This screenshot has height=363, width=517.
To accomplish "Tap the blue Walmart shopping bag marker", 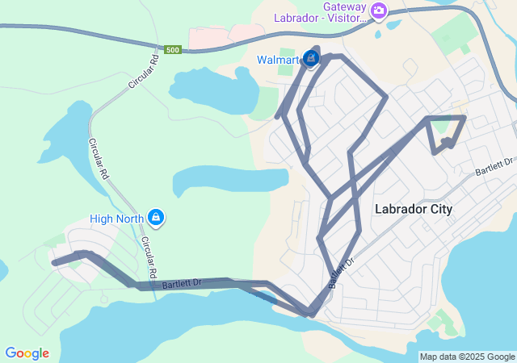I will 311,58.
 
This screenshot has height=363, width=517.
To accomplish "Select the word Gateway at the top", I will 346,6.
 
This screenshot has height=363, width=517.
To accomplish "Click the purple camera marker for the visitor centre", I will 380,10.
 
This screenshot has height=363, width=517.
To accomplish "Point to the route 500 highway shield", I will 172,50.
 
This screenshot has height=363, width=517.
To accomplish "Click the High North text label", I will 116,218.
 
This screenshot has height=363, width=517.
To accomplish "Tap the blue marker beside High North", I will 157,217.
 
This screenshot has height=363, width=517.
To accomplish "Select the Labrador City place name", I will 414,209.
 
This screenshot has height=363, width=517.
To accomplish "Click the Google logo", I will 27,353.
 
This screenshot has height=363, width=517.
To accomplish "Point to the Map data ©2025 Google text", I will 467,357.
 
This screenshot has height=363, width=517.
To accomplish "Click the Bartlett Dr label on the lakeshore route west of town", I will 182,283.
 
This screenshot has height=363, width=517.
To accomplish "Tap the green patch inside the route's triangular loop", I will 441,125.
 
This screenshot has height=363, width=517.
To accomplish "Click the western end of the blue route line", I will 54,262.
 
